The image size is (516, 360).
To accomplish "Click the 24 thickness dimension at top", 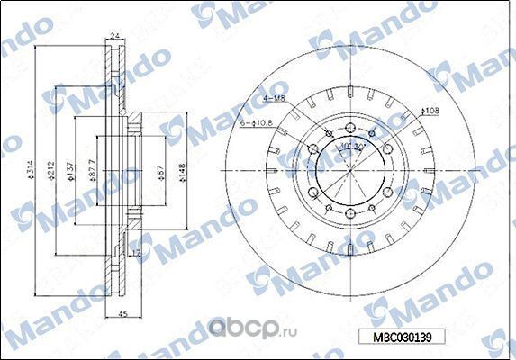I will click(x=114, y=36).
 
